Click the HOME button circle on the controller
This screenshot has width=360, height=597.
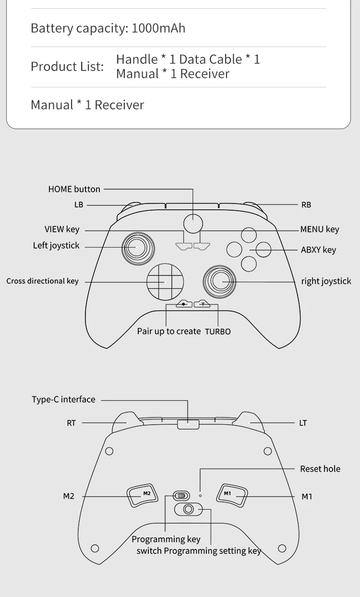193,224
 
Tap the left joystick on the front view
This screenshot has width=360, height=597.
138,248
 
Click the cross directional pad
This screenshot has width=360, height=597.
165,281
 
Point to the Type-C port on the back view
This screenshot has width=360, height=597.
188,424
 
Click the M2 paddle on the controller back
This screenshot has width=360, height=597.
143,495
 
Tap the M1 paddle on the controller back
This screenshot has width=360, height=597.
231,495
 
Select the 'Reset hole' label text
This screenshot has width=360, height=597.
320,469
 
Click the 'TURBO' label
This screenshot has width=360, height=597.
218,332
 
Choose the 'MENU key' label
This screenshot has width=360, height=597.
320,229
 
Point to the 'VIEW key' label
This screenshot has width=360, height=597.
62,229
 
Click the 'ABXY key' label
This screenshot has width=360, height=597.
318,250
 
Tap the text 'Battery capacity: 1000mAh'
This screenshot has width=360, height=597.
108,28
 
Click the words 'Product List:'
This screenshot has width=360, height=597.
67,66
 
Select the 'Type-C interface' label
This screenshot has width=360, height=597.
63,399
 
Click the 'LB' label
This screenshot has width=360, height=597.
79,205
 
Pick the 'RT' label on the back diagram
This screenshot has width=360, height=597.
71,423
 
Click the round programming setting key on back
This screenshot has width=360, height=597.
189,509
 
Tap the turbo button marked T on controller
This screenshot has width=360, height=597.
203,304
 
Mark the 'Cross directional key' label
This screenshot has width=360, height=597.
42,281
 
